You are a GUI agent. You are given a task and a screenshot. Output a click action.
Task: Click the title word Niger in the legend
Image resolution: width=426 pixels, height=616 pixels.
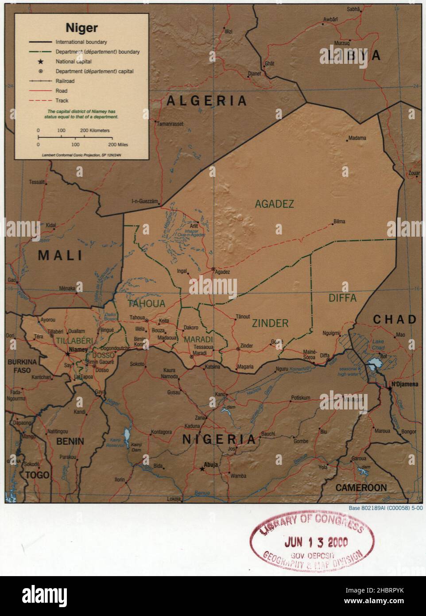coord(81,28)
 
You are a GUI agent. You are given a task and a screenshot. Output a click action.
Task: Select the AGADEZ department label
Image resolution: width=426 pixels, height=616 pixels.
coord(274,204)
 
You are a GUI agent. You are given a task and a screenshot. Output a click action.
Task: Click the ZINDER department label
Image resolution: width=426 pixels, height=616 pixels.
coord(270,324)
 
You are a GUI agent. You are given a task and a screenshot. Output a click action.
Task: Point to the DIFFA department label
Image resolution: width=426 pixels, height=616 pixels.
coord(342,298)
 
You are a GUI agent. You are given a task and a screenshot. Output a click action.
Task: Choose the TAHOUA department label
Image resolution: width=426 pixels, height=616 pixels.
coord(147,304)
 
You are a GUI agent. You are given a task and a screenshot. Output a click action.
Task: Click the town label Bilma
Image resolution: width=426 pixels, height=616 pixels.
coord(339,222)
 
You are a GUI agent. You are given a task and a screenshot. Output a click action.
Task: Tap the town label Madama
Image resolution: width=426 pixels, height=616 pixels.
coord(357,138)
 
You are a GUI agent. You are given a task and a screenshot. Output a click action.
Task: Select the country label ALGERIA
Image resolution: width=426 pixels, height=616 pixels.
coord(206,101)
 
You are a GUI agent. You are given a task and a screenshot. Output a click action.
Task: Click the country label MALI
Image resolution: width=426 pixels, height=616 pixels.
coord(60,256)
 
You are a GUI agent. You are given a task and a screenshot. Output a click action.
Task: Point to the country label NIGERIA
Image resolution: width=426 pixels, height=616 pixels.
coord(219,439)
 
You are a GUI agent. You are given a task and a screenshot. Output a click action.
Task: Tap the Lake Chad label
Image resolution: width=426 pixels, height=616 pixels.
coord(378,344)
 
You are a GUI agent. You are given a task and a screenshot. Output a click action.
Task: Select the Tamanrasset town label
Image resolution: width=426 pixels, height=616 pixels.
coord(170,124)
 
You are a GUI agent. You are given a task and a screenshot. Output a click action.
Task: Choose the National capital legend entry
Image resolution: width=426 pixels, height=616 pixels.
coord(74,62)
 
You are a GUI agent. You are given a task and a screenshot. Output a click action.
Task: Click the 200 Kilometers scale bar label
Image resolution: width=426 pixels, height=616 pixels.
coord(94,131)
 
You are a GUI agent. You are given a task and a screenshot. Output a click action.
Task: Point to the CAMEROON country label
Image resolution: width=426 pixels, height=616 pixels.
coord(361,488)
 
